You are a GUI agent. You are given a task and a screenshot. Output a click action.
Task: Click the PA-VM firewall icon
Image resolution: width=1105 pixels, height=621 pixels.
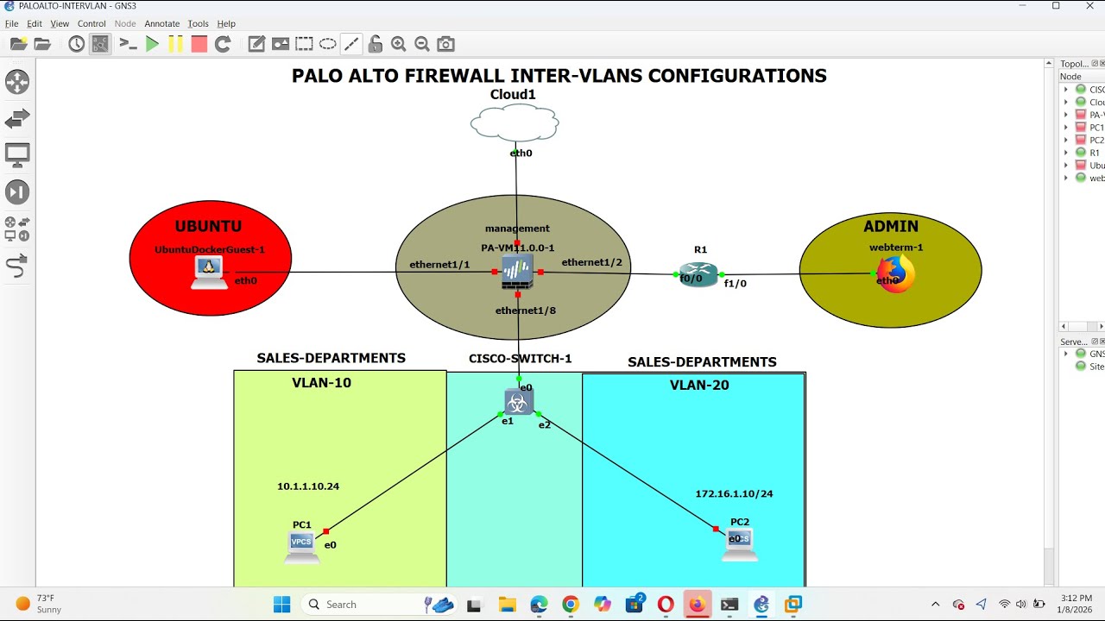[517, 272]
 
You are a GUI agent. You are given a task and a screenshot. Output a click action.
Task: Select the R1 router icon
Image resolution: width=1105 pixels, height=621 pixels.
[698, 274]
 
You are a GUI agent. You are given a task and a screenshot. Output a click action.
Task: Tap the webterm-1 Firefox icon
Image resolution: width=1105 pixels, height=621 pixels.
[896, 275]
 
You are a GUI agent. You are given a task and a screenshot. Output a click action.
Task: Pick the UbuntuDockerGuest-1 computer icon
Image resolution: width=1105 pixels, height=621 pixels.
[208, 272]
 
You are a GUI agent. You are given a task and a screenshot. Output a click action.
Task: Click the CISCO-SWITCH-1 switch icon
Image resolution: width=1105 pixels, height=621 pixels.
[519, 402]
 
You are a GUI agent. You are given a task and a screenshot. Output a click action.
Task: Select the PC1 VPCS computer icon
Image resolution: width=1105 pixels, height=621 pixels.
[302, 547]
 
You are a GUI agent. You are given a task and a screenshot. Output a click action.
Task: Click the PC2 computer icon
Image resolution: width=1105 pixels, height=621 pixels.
[740, 544]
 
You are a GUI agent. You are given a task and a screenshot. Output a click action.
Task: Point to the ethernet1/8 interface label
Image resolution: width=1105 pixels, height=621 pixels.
[525, 310]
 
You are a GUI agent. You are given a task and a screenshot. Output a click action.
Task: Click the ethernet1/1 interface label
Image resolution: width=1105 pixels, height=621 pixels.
[439, 265]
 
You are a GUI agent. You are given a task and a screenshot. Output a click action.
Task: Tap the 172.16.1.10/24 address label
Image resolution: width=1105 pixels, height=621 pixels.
[734, 494]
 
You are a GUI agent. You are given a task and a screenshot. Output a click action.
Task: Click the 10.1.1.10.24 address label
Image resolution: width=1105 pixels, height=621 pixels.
[308, 486]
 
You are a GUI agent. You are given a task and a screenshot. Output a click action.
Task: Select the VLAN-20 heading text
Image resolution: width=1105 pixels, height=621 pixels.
[699, 386]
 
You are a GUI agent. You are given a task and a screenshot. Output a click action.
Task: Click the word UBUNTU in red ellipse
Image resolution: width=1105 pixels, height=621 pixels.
[208, 227]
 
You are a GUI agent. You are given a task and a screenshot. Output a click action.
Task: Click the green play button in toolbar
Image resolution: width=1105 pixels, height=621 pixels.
[153, 44]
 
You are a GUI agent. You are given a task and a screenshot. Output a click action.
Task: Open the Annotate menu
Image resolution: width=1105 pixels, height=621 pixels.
[161, 24]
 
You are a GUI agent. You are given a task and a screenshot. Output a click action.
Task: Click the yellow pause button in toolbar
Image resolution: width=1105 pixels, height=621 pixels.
[176, 44]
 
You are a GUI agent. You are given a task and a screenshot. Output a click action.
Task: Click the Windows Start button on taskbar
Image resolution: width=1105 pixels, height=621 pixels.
[282, 605]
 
